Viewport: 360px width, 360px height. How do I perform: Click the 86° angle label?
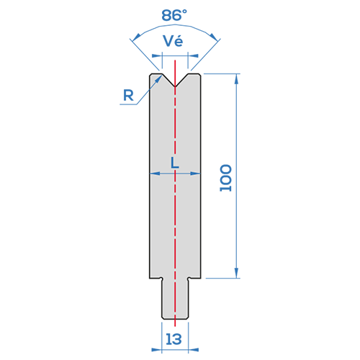point(174,15)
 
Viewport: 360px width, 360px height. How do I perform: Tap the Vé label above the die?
point(173,41)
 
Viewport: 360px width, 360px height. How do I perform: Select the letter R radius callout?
point(128,95)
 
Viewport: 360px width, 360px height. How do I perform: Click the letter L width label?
point(175,163)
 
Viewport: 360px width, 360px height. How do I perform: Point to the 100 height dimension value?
point(226,178)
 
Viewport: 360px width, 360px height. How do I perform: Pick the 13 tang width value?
point(174,339)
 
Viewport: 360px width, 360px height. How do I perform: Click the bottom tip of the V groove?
point(175,86)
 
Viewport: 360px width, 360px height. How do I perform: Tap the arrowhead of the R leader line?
point(158,79)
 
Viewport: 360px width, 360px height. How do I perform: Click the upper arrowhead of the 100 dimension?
point(237,78)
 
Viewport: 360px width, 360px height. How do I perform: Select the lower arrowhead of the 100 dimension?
point(237,273)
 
